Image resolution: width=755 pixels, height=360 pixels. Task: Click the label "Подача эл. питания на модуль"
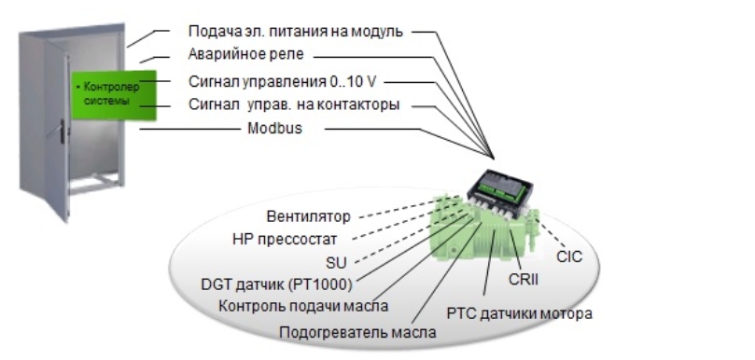pyautogui.click(x=295, y=32)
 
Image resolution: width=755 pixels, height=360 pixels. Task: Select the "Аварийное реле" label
pyautogui.click(x=246, y=54)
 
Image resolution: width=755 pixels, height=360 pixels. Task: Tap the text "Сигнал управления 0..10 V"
pyautogui.click(x=282, y=82)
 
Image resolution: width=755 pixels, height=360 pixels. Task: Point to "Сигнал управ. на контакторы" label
pyautogui.click(x=294, y=104)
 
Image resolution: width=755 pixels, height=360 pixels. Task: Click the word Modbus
pyautogui.click(x=275, y=129)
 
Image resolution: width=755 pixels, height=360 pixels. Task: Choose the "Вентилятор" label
pyautogui.click(x=309, y=216)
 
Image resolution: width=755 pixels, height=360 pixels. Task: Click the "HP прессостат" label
pyautogui.click(x=285, y=239)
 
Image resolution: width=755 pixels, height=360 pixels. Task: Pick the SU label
pyautogui.click(x=336, y=263)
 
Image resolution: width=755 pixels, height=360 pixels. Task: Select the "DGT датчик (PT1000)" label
pyautogui.click(x=276, y=284)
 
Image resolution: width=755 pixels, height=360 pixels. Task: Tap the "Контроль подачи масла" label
pyautogui.click(x=303, y=306)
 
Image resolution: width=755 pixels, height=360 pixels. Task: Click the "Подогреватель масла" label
pyautogui.click(x=357, y=332)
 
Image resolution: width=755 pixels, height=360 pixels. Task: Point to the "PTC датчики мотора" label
pyautogui.click(x=520, y=313)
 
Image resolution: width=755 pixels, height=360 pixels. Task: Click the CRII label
pyautogui.click(x=524, y=280)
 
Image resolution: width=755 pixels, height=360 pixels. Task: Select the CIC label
pyautogui.click(x=569, y=256)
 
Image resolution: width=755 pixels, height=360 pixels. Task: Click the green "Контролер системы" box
pyautogui.click(x=115, y=95)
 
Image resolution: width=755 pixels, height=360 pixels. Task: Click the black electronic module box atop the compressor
pyautogui.click(x=500, y=187)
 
